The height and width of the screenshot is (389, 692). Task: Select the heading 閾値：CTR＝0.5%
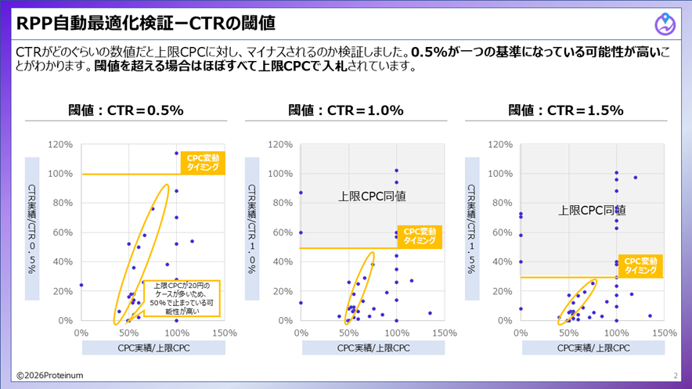click(126, 110)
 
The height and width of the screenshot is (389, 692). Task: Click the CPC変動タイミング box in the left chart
click(204, 163)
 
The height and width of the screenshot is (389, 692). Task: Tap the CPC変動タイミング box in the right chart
click(640, 265)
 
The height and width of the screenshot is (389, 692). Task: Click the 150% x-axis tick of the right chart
click(665, 333)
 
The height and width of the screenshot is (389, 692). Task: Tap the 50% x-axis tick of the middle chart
click(348, 333)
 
